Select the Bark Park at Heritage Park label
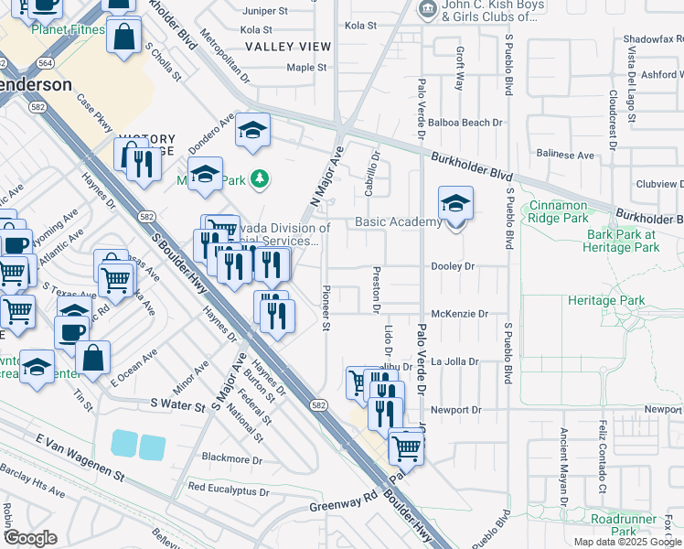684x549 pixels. point(622,241)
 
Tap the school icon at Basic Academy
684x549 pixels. point(455,205)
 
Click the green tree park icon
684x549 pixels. point(261,178)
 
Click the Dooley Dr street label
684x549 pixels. point(454,266)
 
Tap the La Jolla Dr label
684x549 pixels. point(454,361)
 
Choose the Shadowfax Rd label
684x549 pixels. point(653,39)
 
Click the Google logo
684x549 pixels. point(30,538)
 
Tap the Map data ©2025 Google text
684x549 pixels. point(626,542)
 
